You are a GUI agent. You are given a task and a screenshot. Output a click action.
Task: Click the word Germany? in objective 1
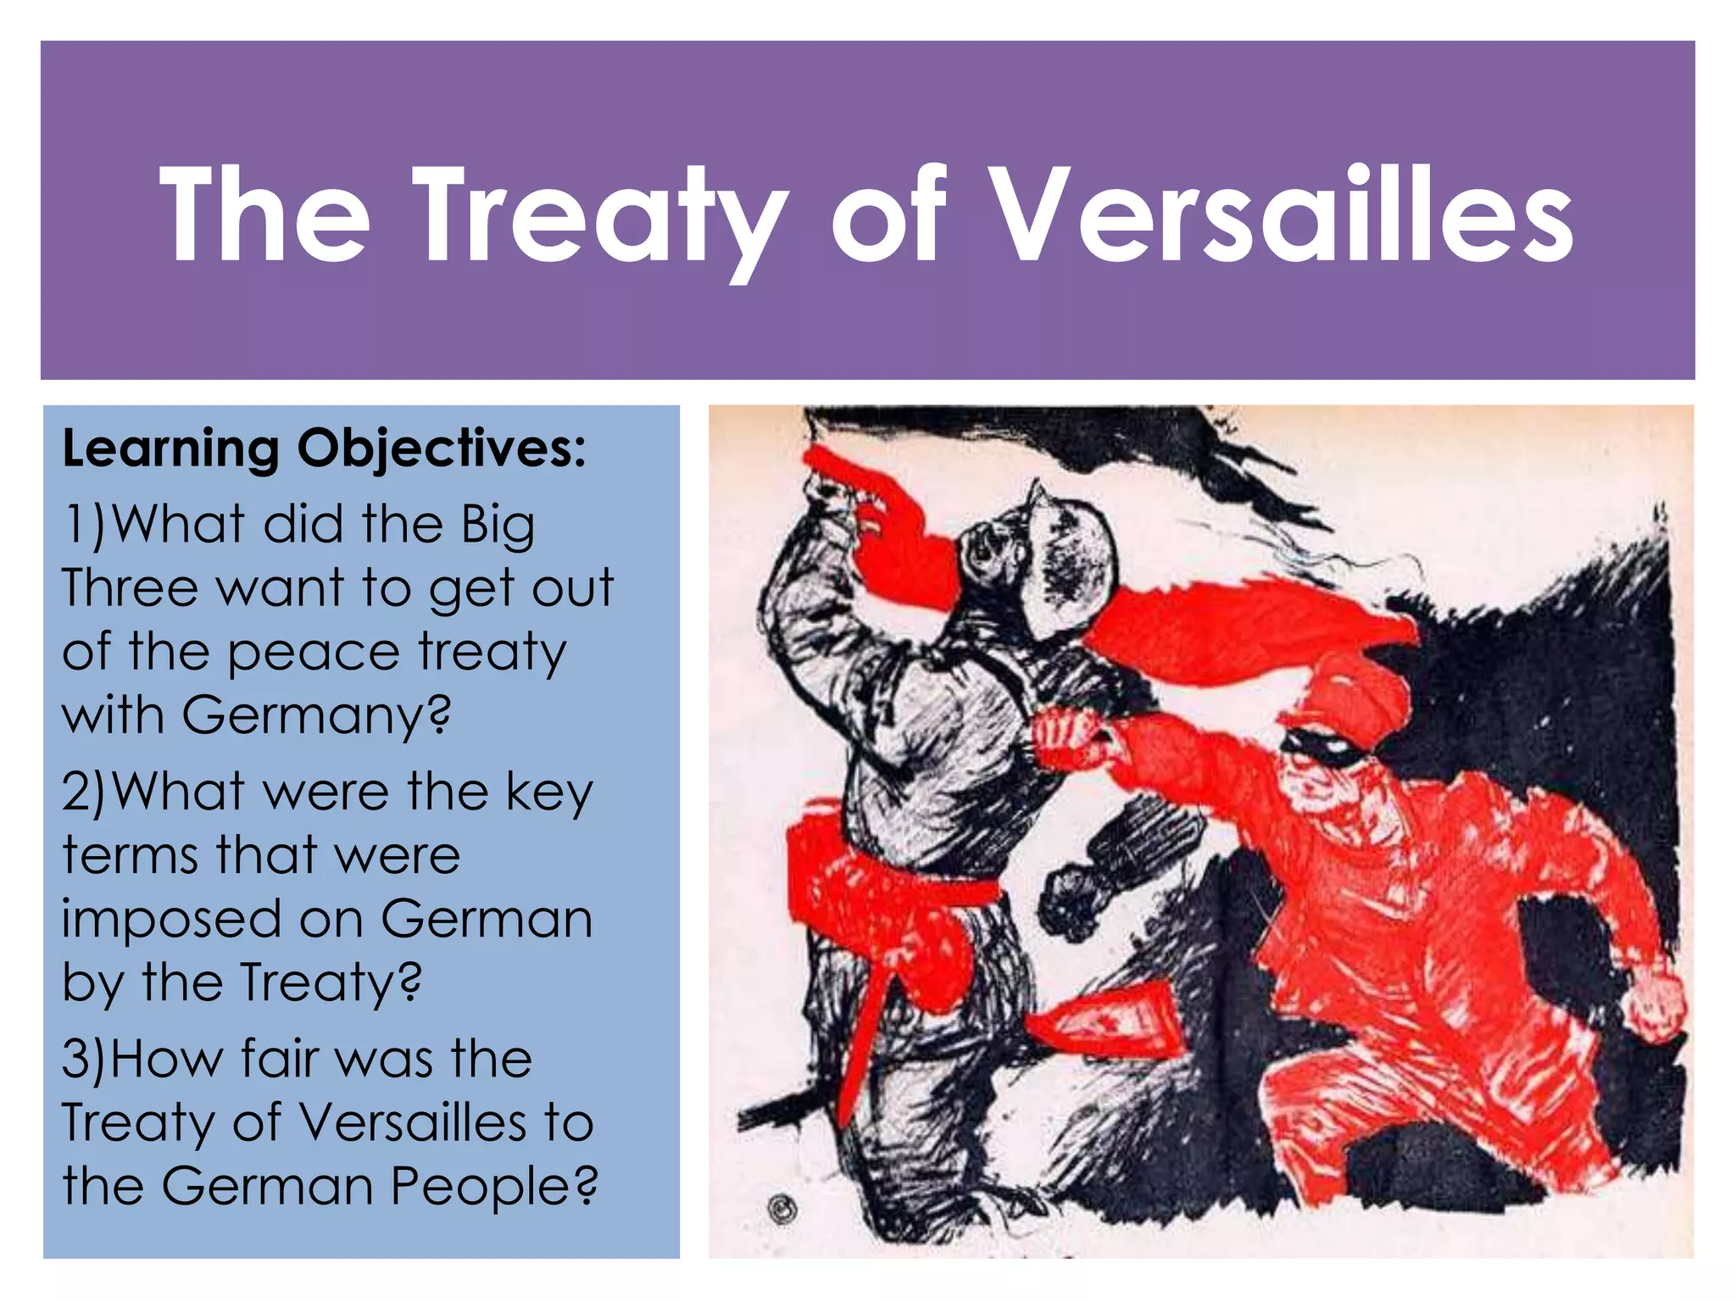316,716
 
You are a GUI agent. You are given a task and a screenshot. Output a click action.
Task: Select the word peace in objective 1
314,654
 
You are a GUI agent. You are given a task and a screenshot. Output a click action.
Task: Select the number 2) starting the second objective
85,792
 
